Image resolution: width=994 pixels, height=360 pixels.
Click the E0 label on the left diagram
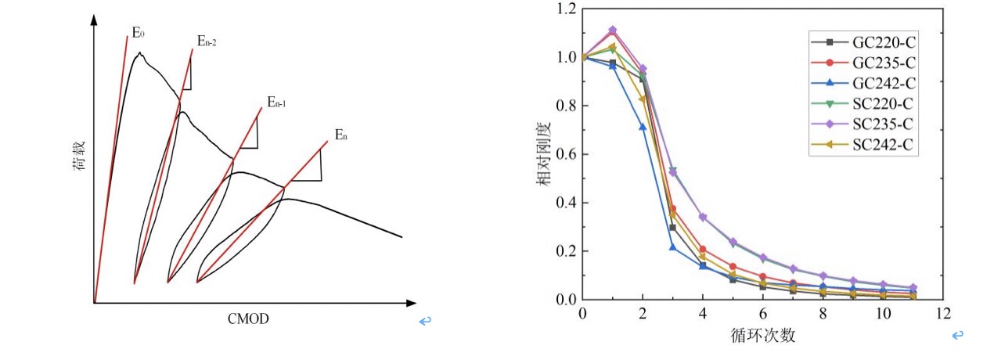point(139,34)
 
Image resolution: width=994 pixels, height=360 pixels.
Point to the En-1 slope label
point(276,101)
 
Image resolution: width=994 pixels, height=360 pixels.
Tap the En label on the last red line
point(341,135)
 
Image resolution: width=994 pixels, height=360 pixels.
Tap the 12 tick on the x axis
point(944,313)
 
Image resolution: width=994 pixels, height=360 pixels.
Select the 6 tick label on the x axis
point(763,313)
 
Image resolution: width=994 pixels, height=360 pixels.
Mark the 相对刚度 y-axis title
point(542,155)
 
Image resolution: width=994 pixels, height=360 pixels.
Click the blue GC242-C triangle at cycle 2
point(643,127)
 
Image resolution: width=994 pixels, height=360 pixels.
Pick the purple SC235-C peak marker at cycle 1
point(613,31)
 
